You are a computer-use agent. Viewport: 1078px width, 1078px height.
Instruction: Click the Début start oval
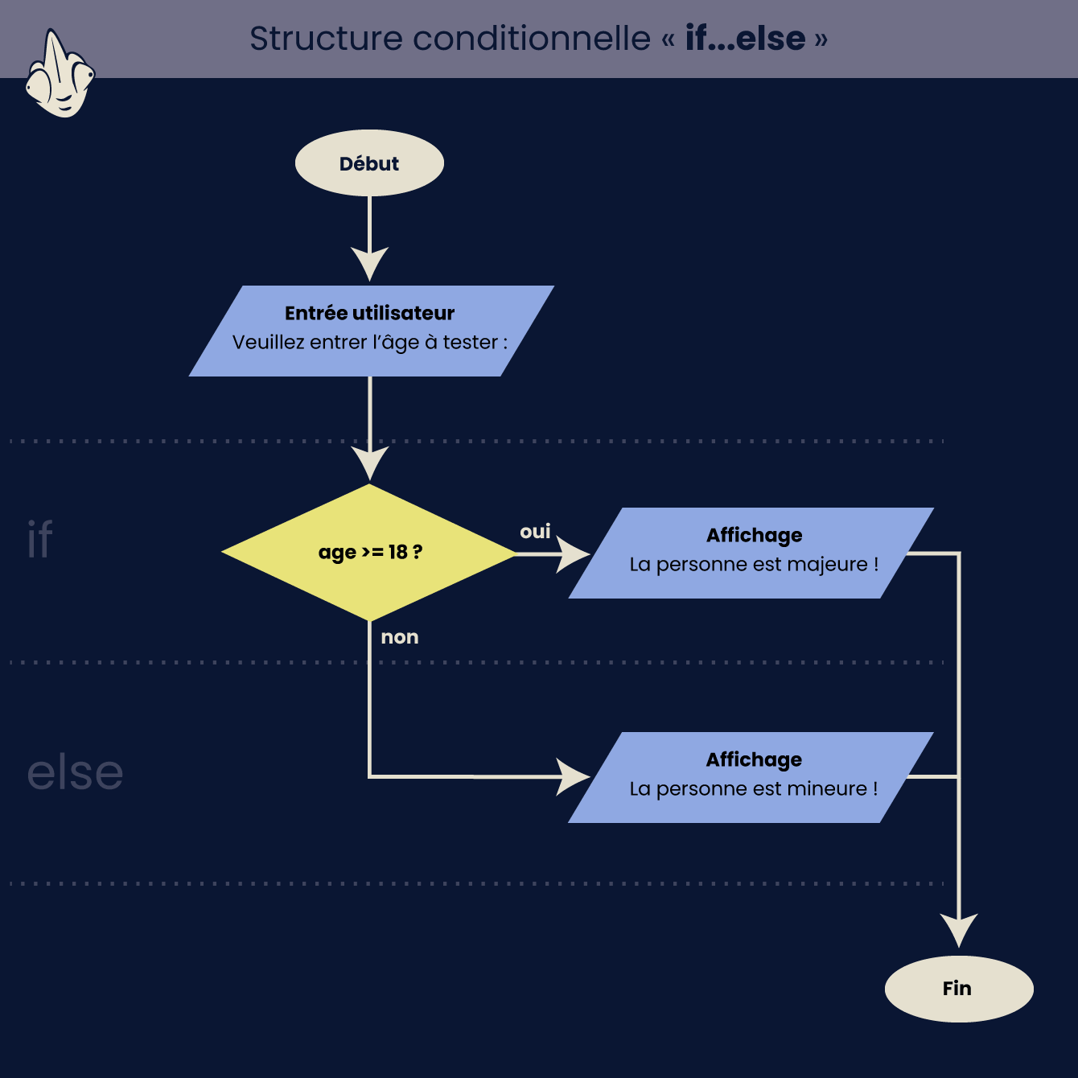tap(369, 163)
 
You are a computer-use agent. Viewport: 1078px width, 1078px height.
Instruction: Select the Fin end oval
tap(959, 989)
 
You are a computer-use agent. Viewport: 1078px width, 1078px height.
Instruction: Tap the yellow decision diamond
tap(369, 552)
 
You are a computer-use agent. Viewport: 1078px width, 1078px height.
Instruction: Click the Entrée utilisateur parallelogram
tap(372, 331)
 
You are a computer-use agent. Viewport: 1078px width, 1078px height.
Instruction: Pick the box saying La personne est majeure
tap(751, 553)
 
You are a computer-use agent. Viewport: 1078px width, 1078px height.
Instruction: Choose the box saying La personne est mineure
tap(751, 777)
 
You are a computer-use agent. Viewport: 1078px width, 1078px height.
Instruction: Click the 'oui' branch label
tap(535, 531)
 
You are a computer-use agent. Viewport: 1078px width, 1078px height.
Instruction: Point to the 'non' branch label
tap(400, 637)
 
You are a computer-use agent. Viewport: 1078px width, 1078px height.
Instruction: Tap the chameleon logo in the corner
tap(60, 73)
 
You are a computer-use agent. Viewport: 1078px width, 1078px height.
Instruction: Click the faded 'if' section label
tap(39, 538)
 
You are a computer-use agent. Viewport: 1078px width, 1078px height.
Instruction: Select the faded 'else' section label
tap(75, 772)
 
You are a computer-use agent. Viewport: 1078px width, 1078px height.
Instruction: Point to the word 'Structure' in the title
tap(326, 39)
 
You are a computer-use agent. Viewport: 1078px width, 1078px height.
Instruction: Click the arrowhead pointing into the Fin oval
tap(959, 930)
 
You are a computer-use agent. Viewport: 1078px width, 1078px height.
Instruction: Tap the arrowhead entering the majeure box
tap(573, 553)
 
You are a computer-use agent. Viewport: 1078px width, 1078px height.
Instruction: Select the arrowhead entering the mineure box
tap(573, 777)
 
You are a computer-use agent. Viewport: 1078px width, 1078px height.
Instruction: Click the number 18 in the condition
tap(397, 552)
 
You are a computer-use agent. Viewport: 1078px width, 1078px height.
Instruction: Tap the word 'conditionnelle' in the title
tap(532, 39)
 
